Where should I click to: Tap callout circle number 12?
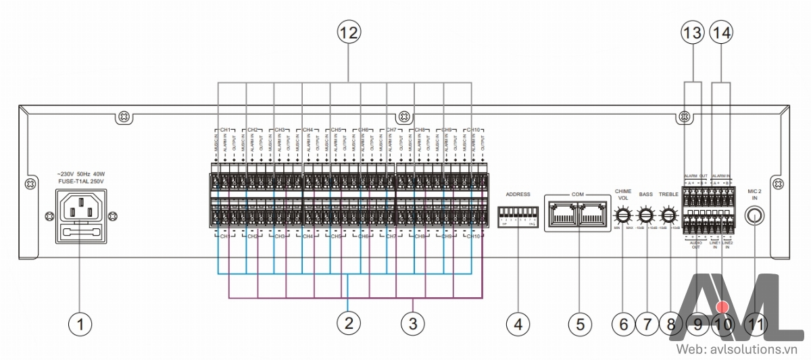tap(350, 31)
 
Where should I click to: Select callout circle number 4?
tap(518, 324)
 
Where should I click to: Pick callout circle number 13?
tap(693, 31)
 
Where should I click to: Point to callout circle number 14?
tap(722, 31)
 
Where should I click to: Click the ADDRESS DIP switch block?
tap(518, 216)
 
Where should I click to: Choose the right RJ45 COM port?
tap(593, 215)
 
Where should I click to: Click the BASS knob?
tap(646, 216)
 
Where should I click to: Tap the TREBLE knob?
tap(669, 216)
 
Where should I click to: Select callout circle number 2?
tap(348, 324)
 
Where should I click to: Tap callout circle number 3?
tap(412, 324)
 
